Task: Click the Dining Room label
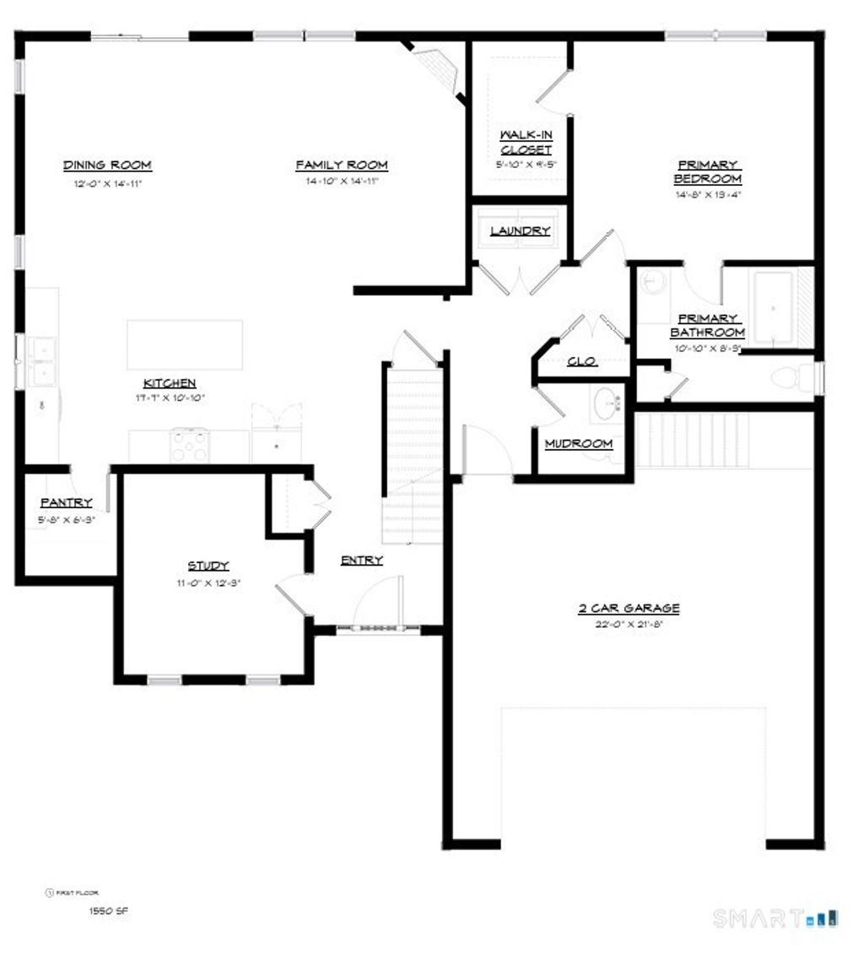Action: click(107, 165)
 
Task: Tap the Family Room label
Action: click(342, 165)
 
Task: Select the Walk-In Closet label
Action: click(526, 143)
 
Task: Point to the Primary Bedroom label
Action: click(707, 172)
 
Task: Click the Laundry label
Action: click(521, 230)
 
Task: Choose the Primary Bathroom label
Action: click(709, 326)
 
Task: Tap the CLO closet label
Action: click(582, 361)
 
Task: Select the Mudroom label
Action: click(579, 444)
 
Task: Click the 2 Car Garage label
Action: click(629, 609)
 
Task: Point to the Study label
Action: click(208, 566)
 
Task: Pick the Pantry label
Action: click(66, 503)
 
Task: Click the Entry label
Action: click(362, 560)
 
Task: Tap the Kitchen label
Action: click(170, 383)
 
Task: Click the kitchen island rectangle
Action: click(185, 344)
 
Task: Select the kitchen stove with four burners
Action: click(190, 445)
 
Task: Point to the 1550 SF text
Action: click(109, 911)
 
